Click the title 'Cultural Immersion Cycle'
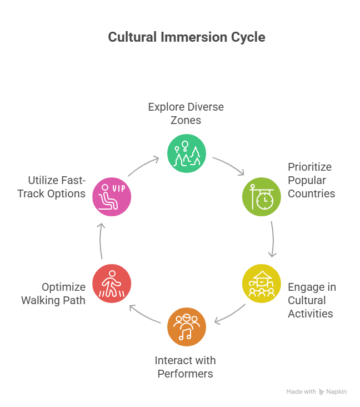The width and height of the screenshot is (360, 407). (187, 38)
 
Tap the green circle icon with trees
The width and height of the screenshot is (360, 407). (187, 153)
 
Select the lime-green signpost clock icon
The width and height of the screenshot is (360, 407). (261, 196)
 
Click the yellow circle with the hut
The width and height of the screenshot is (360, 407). (261, 283)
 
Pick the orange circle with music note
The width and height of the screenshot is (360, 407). (187, 326)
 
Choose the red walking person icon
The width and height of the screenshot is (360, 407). (112, 283)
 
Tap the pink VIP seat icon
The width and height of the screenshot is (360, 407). (112, 196)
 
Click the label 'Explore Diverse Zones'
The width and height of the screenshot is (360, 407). (186, 113)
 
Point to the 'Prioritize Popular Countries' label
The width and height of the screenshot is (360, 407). (311, 180)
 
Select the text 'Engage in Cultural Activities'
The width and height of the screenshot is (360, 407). (312, 300)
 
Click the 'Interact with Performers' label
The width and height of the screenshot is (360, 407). (185, 367)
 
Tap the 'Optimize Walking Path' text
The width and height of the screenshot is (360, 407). (53, 294)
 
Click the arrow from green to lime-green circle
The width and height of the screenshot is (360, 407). (229, 165)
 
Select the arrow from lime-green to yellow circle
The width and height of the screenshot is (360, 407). (272, 240)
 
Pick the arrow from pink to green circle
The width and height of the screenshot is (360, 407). (144, 165)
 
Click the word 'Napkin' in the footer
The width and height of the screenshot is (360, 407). (337, 392)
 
